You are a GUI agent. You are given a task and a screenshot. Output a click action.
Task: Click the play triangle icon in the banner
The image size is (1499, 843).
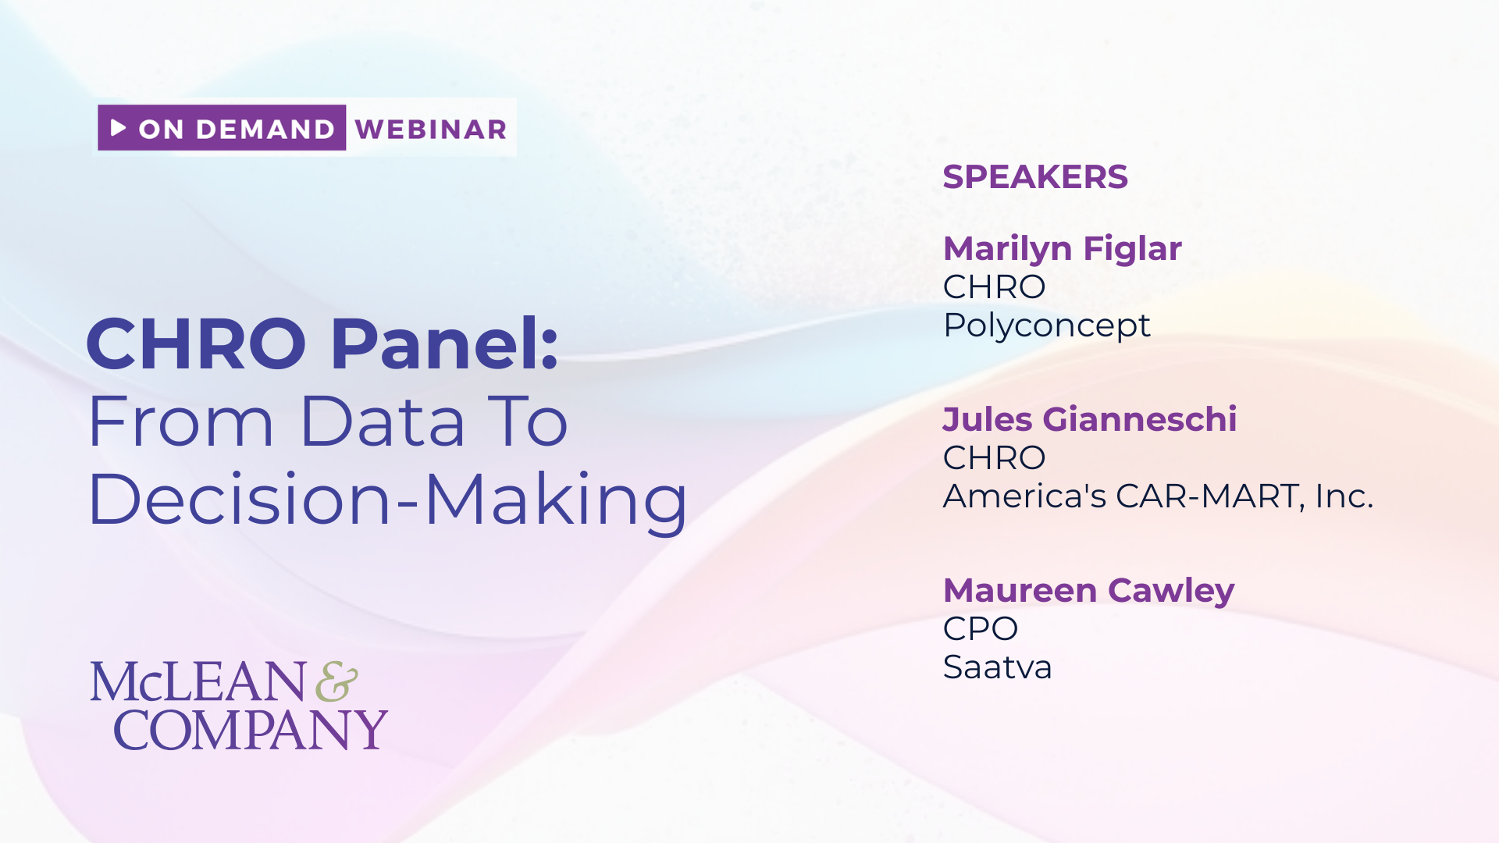[x=118, y=127]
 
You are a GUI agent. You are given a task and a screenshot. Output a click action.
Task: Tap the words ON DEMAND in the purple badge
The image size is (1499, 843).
[x=237, y=129]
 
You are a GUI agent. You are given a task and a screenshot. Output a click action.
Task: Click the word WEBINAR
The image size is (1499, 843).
[x=431, y=129]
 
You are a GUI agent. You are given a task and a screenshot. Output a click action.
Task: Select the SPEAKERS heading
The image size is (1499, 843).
[x=1035, y=177]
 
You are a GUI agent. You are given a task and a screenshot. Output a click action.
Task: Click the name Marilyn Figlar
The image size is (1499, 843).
[x=1063, y=249]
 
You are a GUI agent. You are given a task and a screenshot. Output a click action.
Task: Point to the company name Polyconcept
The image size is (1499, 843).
[x=1047, y=325]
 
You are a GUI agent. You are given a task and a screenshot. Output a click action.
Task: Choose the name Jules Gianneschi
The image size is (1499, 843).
[x=1090, y=419]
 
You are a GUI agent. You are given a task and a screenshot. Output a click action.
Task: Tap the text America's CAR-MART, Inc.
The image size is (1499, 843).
[x=1159, y=496]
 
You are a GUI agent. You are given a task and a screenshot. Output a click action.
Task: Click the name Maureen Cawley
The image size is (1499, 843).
[x=1089, y=591]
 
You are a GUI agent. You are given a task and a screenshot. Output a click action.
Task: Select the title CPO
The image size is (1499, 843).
[x=981, y=629]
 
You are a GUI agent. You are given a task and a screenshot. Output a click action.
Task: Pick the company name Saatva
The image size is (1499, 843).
[x=998, y=667]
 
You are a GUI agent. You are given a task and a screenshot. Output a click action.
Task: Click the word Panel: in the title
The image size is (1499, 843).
[x=445, y=343]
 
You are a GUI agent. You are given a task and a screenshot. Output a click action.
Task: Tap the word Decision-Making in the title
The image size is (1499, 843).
[x=388, y=500]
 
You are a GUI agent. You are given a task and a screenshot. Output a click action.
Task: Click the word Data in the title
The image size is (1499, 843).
[x=383, y=421]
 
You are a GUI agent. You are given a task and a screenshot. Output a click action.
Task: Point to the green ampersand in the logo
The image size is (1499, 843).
[x=337, y=681]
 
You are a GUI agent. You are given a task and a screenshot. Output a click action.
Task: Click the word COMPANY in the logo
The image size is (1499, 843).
[x=251, y=731]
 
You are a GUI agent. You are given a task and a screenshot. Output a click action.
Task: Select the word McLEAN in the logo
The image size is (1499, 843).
[x=198, y=681]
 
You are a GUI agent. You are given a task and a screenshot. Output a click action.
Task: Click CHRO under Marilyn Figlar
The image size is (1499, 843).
[x=995, y=287]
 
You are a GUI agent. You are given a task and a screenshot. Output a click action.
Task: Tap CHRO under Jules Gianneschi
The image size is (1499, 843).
[x=995, y=458]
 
